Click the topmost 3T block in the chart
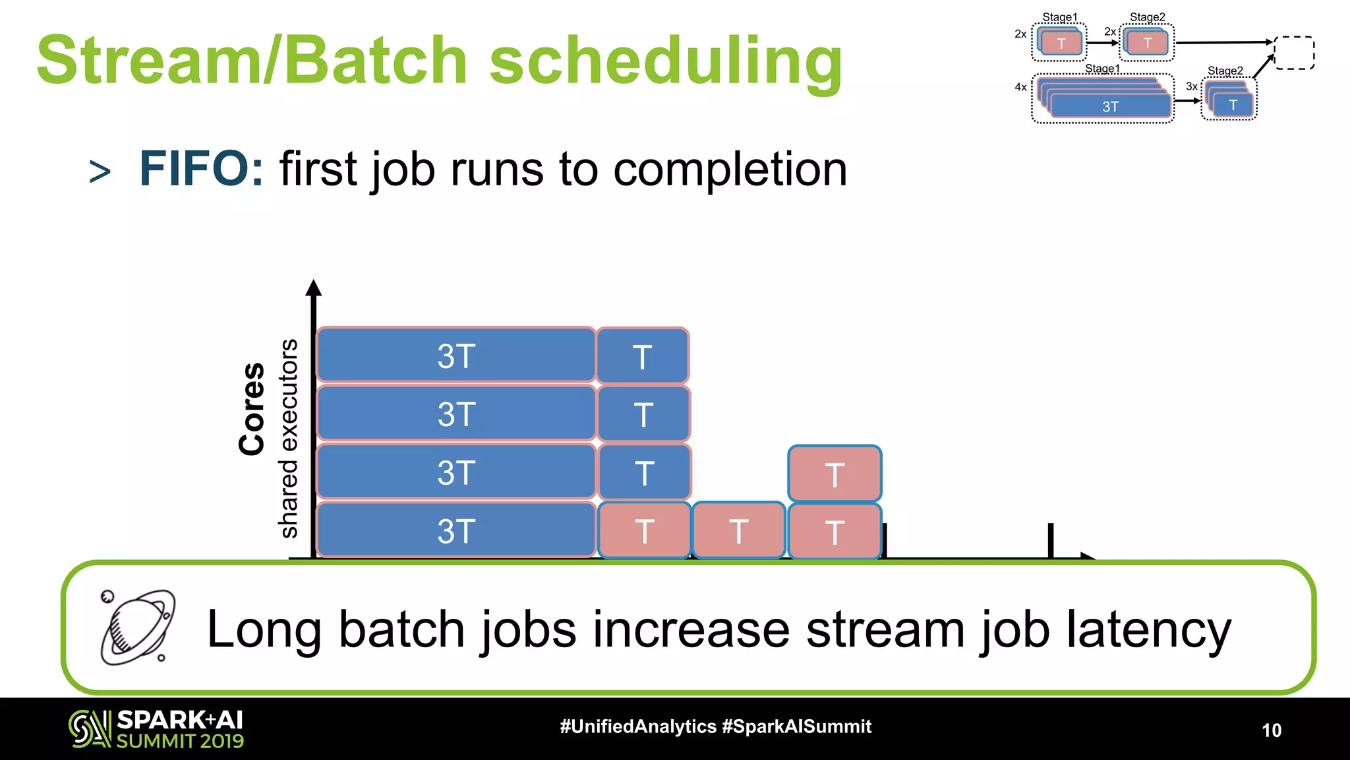[x=456, y=355]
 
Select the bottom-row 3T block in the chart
[x=456, y=530]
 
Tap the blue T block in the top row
[x=643, y=356]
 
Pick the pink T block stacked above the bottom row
[x=835, y=474]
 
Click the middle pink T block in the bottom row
[x=738, y=530]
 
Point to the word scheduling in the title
[x=666, y=61]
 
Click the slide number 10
[x=1272, y=730]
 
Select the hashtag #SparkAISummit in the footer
[x=797, y=726]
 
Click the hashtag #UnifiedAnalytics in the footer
[x=638, y=726]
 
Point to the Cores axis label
[x=252, y=408]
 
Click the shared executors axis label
[x=289, y=438]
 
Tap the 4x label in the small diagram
[x=1020, y=87]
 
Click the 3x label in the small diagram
[x=1192, y=86]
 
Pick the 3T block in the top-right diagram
[x=1111, y=106]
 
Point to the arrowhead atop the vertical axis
[x=314, y=288]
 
